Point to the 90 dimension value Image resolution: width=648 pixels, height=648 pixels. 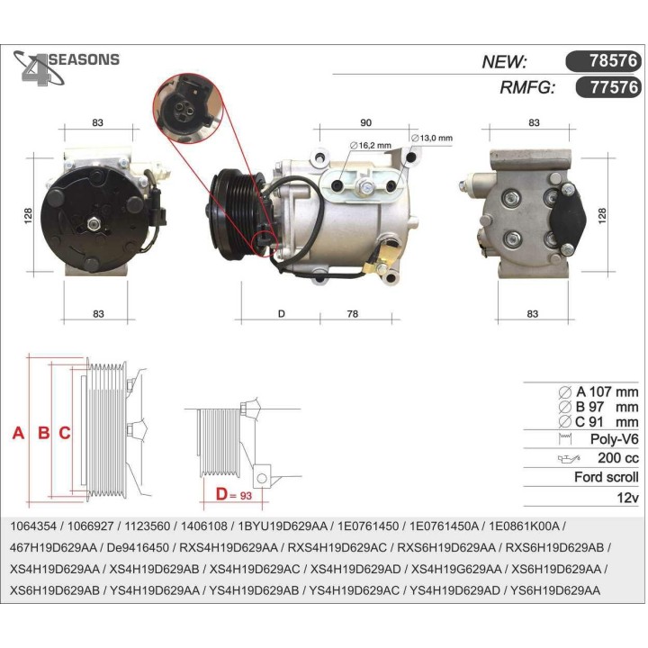tap(365, 122)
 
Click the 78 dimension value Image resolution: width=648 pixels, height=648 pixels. tap(352, 313)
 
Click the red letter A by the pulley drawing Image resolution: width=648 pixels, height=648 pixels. tap(18, 433)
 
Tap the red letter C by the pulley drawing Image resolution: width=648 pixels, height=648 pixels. tap(65, 433)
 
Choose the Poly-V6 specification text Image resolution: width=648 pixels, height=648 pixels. tap(612, 439)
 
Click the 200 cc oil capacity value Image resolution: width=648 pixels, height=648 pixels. tap(617, 458)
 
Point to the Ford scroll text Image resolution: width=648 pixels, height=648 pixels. tap(606, 478)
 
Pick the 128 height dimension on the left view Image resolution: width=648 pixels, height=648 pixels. tap(29, 215)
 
